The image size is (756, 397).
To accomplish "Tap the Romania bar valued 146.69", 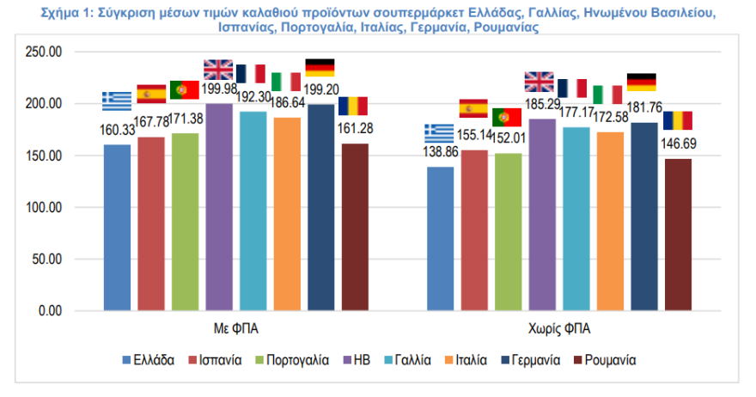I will tap(678, 234).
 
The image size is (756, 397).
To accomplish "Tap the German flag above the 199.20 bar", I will tap(320, 68).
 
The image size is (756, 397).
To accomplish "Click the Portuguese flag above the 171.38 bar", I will tap(185, 89).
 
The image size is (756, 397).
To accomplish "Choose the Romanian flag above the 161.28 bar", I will tap(353, 106).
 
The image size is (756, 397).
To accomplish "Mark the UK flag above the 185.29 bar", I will tap(540, 82).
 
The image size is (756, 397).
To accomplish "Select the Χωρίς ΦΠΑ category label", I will tap(560, 328).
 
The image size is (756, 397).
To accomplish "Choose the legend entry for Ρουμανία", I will tap(609, 360).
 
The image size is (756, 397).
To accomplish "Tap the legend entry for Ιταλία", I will tap(469, 360).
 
